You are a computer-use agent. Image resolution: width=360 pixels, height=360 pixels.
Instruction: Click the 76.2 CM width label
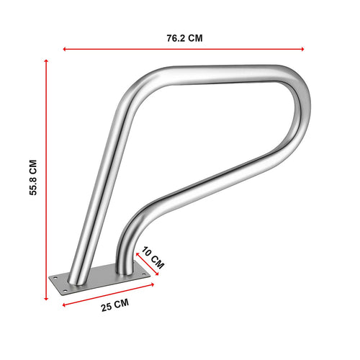tap(184, 38)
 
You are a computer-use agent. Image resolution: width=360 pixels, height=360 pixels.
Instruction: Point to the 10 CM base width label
tap(154, 257)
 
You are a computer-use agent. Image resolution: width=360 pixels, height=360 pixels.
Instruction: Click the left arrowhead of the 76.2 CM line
tap(66, 49)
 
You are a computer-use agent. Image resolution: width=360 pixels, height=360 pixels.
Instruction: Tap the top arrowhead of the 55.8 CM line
tap(48, 62)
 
